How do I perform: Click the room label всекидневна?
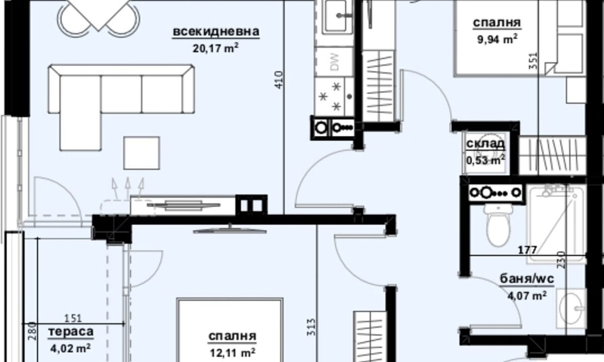[x=216, y=32]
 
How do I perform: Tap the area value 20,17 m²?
[x=215, y=48]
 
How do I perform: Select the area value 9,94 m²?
[x=497, y=39]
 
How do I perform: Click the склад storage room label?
[x=486, y=144]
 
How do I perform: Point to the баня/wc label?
[x=527, y=279]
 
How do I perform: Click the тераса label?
[x=71, y=331]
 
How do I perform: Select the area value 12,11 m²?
[x=233, y=352]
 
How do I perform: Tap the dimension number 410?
[x=279, y=80]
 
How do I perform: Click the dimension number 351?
[x=534, y=61]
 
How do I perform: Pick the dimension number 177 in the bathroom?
[x=527, y=250]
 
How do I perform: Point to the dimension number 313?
[x=311, y=327]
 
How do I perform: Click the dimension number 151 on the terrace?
[x=73, y=319]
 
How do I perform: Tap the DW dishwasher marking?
[x=334, y=62]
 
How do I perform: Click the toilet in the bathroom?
[x=498, y=225]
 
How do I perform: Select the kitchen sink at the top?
[x=339, y=16]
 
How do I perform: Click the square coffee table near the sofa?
[x=141, y=153]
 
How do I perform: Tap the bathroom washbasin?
[x=571, y=308]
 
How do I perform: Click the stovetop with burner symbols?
[x=334, y=97]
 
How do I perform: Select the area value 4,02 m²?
[x=70, y=348]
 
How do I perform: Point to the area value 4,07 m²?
[x=527, y=296]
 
